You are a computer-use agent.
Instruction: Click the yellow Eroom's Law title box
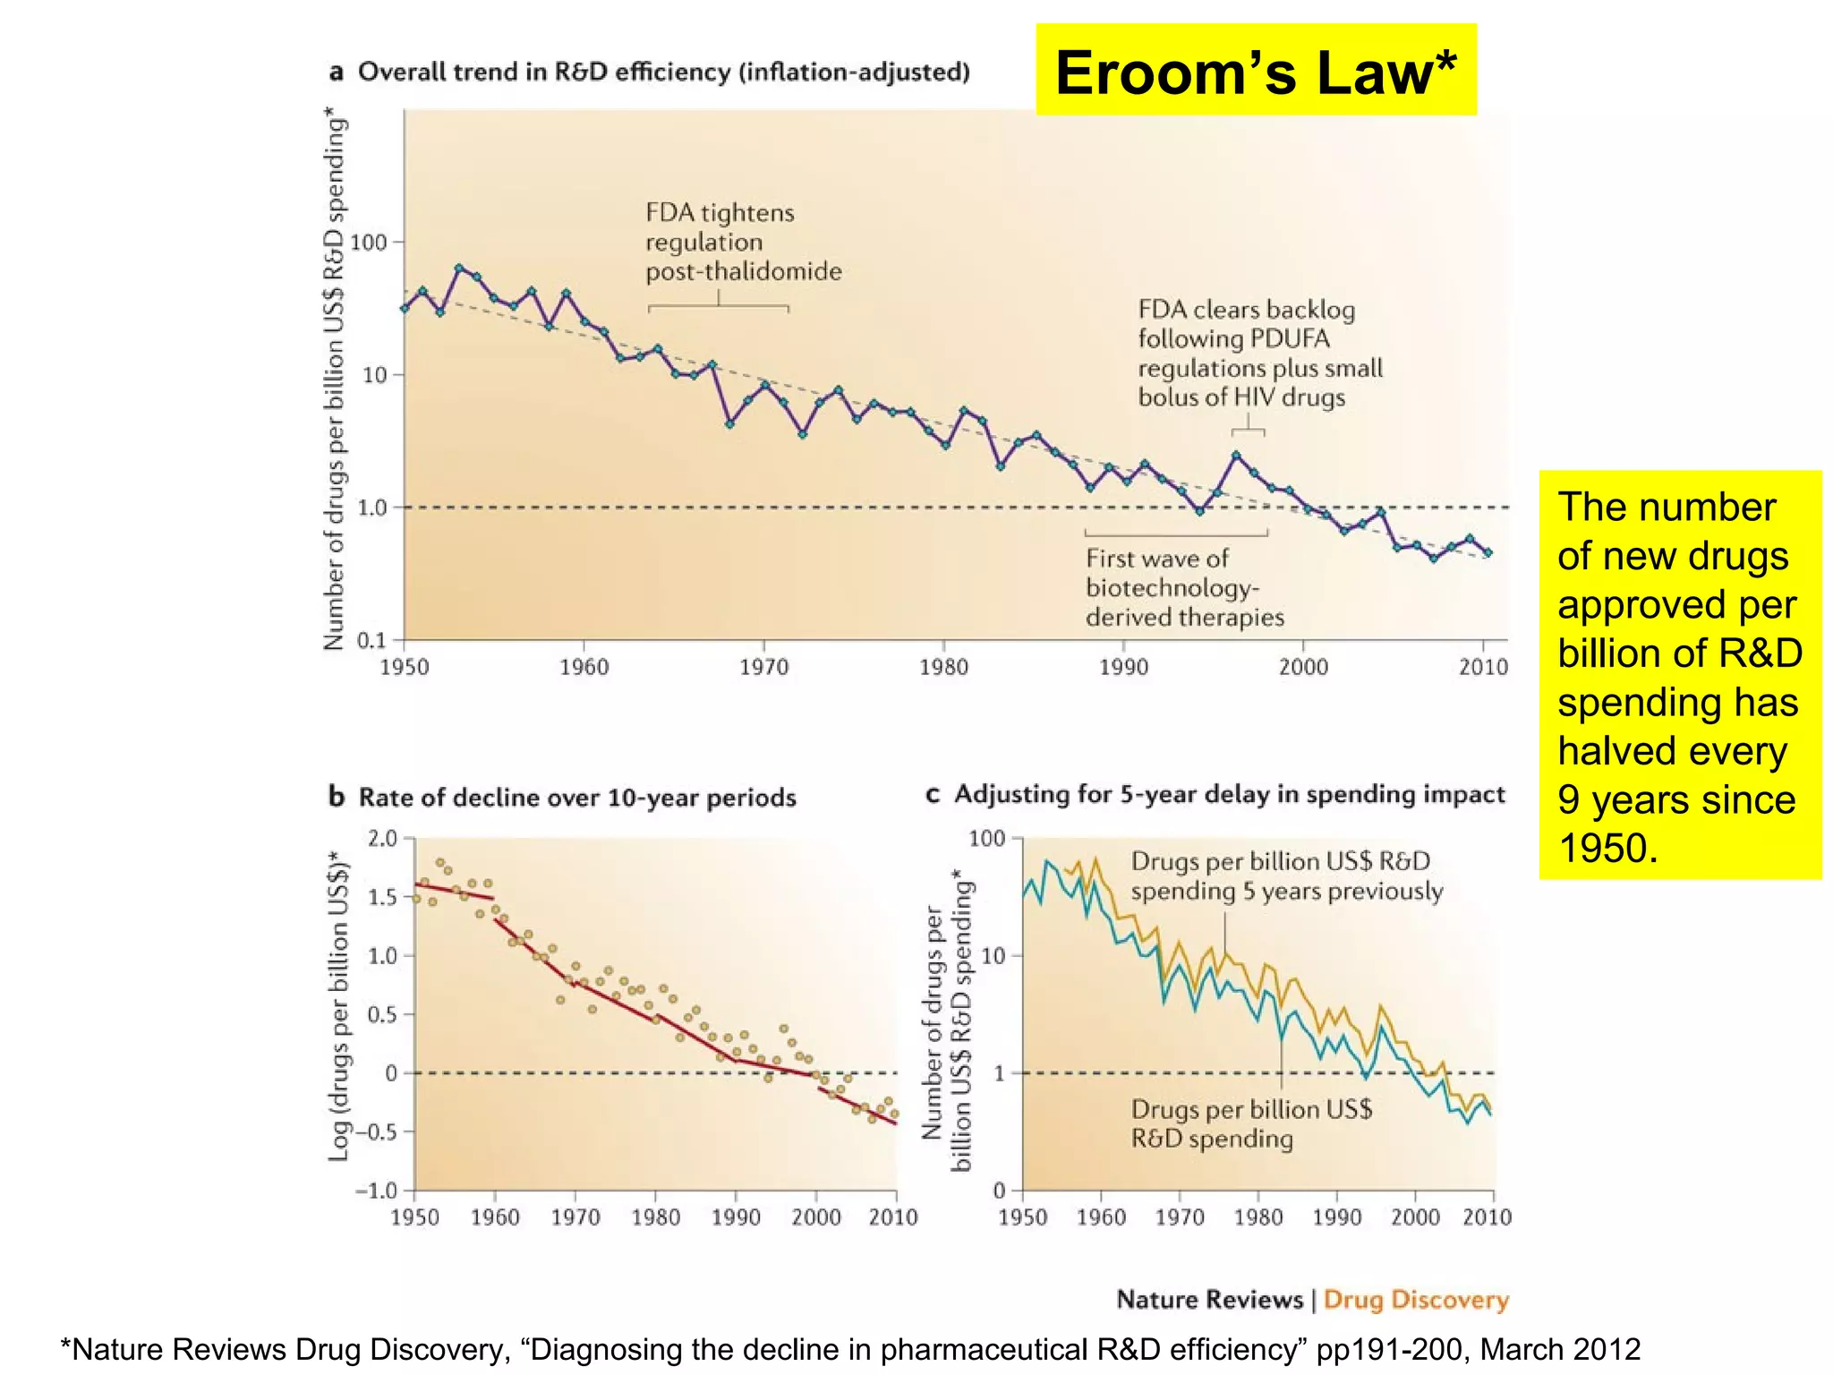(x=1255, y=71)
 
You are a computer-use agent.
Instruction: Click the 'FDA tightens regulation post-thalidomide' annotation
(x=743, y=242)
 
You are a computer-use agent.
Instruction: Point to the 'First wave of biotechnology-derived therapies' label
(x=1183, y=587)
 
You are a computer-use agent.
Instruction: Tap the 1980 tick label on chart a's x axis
(x=943, y=667)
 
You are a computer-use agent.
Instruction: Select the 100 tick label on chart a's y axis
(x=368, y=243)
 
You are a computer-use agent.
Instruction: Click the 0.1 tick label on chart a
(x=371, y=640)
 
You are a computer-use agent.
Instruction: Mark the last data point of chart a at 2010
(x=1488, y=552)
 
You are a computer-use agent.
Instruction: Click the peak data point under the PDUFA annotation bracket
(x=1236, y=456)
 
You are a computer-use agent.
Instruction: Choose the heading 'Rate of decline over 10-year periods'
(x=576, y=798)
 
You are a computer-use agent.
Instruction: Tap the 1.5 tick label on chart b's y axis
(x=382, y=897)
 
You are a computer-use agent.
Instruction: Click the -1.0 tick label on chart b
(x=376, y=1191)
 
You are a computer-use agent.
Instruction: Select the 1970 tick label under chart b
(x=575, y=1217)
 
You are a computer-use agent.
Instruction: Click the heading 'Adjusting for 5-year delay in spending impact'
(x=1229, y=794)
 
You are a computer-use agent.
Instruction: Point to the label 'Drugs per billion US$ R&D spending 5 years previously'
(x=1285, y=875)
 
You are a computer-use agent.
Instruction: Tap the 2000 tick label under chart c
(x=1414, y=1217)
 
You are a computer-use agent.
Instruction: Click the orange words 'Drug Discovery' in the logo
(x=1416, y=1299)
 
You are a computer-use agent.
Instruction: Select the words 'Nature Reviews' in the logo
(x=1209, y=1299)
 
